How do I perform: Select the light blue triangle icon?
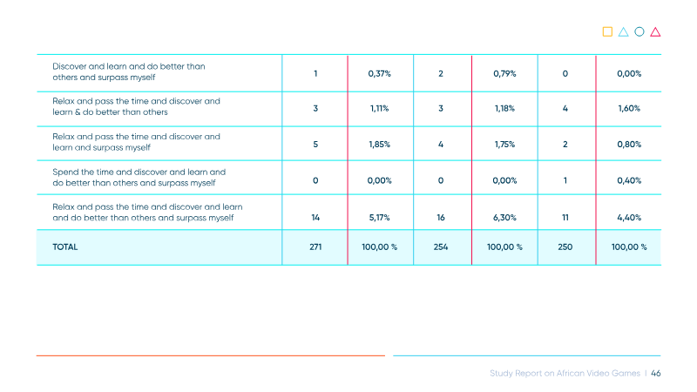coord(623,32)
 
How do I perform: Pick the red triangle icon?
coord(655,32)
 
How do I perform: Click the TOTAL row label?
coord(64,247)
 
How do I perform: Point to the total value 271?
coord(315,247)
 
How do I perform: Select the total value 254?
coord(441,247)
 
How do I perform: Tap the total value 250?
coord(565,247)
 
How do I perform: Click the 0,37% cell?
coord(379,74)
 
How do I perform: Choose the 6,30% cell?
coord(504,218)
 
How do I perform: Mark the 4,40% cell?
coord(629,218)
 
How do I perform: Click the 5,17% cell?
coord(379,218)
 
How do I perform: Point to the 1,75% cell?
coord(504,145)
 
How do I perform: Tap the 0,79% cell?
coord(504,74)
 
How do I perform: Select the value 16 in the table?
coord(441,218)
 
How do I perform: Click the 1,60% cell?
coord(629,108)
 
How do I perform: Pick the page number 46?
coord(656,374)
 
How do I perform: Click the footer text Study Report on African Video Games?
coord(565,374)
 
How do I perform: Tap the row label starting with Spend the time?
coord(139,178)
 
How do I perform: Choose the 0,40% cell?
coord(629,180)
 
